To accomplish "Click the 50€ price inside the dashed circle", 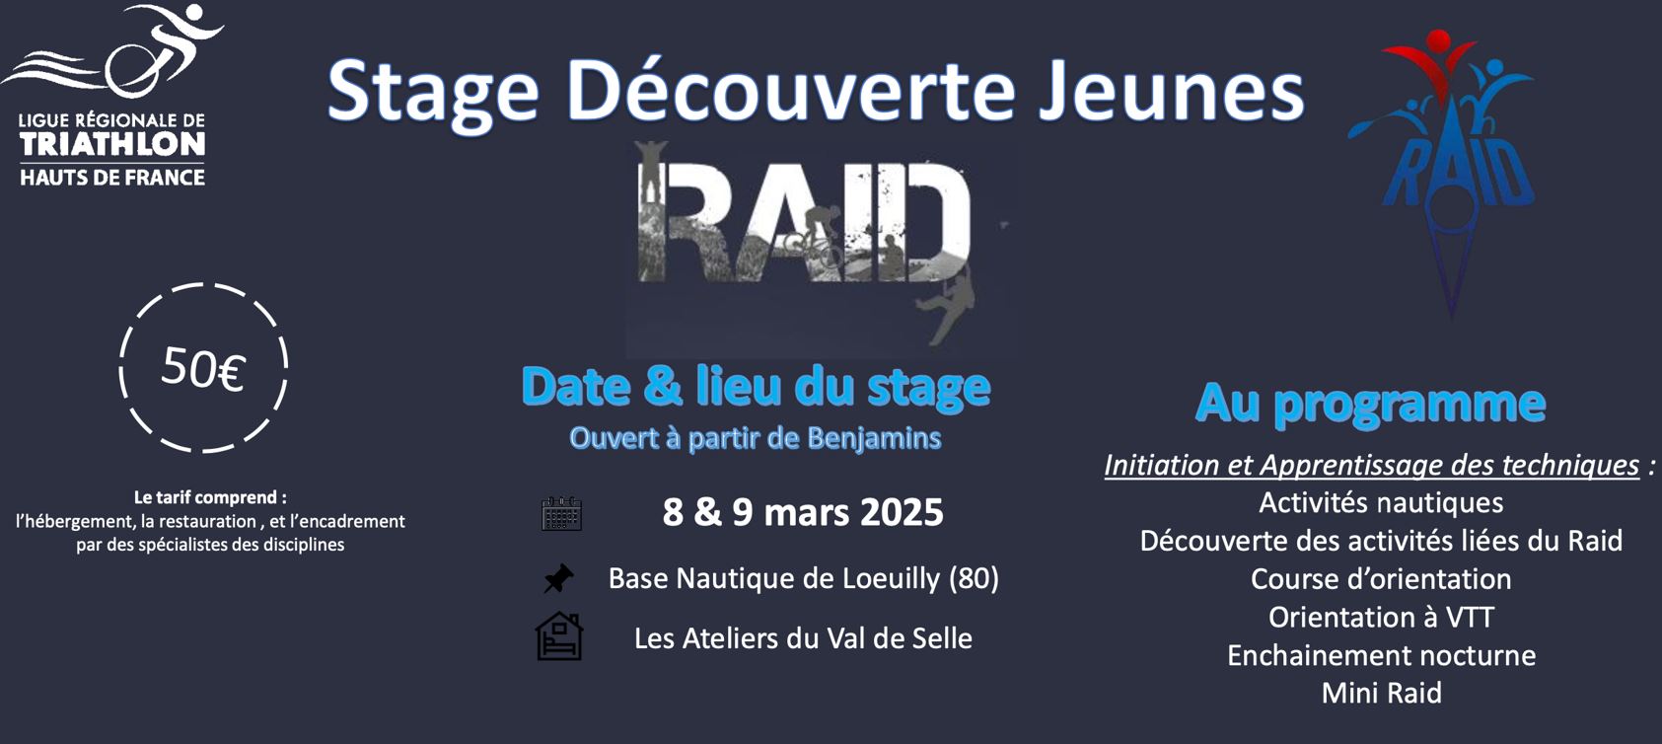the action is pos(202,368).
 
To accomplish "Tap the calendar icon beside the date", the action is pos(561,514).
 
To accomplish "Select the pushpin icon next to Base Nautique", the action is pos(558,578).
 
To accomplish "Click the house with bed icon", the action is pos(559,636).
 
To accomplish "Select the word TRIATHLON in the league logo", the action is pos(112,144).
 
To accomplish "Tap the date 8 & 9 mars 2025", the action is pos(803,512).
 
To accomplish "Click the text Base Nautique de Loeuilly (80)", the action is pos(804,577).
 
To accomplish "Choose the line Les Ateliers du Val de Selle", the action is pos(803,637).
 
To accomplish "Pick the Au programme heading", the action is pos(1370,405).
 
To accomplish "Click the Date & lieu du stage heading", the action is pos(757,387).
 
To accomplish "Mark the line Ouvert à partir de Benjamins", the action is pos(756,438).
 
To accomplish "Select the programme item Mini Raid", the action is pos(1382,693).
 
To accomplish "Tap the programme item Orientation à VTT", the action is pos(1381,617).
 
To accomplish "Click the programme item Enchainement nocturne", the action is pos(1382,655).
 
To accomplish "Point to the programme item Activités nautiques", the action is pos(1381,502).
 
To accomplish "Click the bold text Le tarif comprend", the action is pos(210,497).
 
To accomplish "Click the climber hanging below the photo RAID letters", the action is pos(948,308).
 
